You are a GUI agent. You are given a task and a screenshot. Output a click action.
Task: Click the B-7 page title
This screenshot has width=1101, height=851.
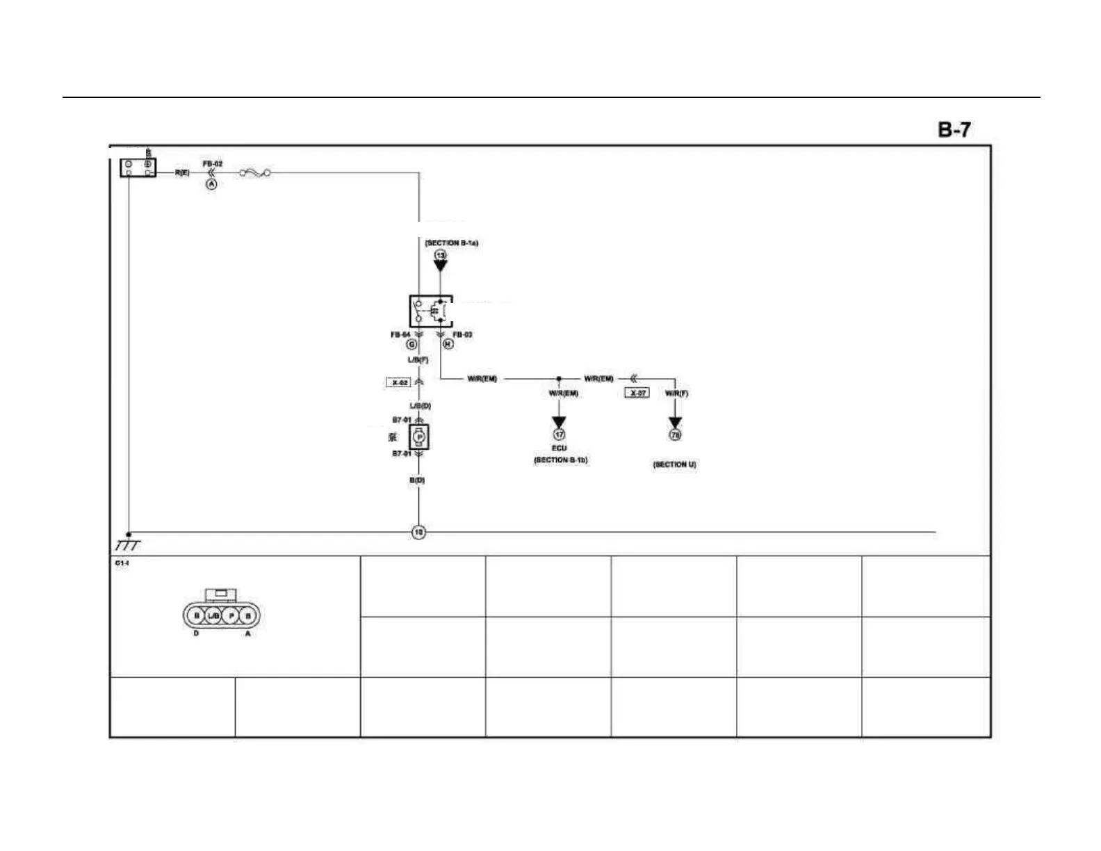pyautogui.click(x=954, y=129)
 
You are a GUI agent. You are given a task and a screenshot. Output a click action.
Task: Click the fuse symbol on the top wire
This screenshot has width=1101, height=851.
pyautogui.click(x=255, y=172)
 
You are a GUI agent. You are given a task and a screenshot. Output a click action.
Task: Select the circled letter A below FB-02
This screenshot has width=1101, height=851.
pyautogui.click(x=211, y=184)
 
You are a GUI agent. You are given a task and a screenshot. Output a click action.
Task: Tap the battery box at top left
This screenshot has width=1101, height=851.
pyautogui.click(x=138, y=168)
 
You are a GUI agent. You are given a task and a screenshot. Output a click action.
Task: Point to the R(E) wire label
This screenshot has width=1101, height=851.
pyautogui.click(x=181, y=172)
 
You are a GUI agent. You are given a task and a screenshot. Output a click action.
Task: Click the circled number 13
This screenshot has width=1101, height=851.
pyautogui.click(x=441, y=255)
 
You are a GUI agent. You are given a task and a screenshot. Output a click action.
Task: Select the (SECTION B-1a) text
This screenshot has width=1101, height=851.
pyautogui.click(x=452, y=243)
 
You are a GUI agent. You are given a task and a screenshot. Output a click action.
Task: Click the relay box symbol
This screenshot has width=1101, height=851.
pyautogui.click(x=430, y=311)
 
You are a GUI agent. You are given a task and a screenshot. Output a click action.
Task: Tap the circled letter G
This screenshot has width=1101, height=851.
pyautogui.click(x=411, y=344)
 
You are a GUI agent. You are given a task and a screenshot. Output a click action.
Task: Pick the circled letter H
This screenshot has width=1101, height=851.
pyautogui.click(x=448, y=344)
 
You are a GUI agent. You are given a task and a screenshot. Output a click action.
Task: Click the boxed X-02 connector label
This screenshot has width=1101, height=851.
pyautogui.click(x=398, y=382)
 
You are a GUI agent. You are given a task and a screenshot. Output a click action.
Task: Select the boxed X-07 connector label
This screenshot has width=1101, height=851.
pyautogui.click(x=637, y=393)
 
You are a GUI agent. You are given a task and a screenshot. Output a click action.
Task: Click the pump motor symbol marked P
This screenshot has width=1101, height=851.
pyautogui.click(x=418, y=437)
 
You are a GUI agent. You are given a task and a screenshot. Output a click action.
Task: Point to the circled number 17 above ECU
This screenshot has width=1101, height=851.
pyautogui.click(x=559, y=435)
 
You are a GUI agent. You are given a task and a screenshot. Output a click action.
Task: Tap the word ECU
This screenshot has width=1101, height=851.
pyautogui.click(x=559, y=448)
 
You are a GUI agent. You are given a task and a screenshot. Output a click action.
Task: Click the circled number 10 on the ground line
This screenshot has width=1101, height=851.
pyautogui.click(x=418, y=533)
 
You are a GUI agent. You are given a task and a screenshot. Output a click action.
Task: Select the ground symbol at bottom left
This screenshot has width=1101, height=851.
pyautogui.click(x=128, y=544)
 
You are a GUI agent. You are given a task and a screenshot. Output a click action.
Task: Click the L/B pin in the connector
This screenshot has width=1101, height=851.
pyautogui.click(x=214, y=616)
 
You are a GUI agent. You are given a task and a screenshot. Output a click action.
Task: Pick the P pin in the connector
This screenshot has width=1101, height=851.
pyautogui.click(x=231, y=616)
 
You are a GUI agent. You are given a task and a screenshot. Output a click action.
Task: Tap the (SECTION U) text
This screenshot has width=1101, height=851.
pyautogui.click(x=674, y=464)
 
